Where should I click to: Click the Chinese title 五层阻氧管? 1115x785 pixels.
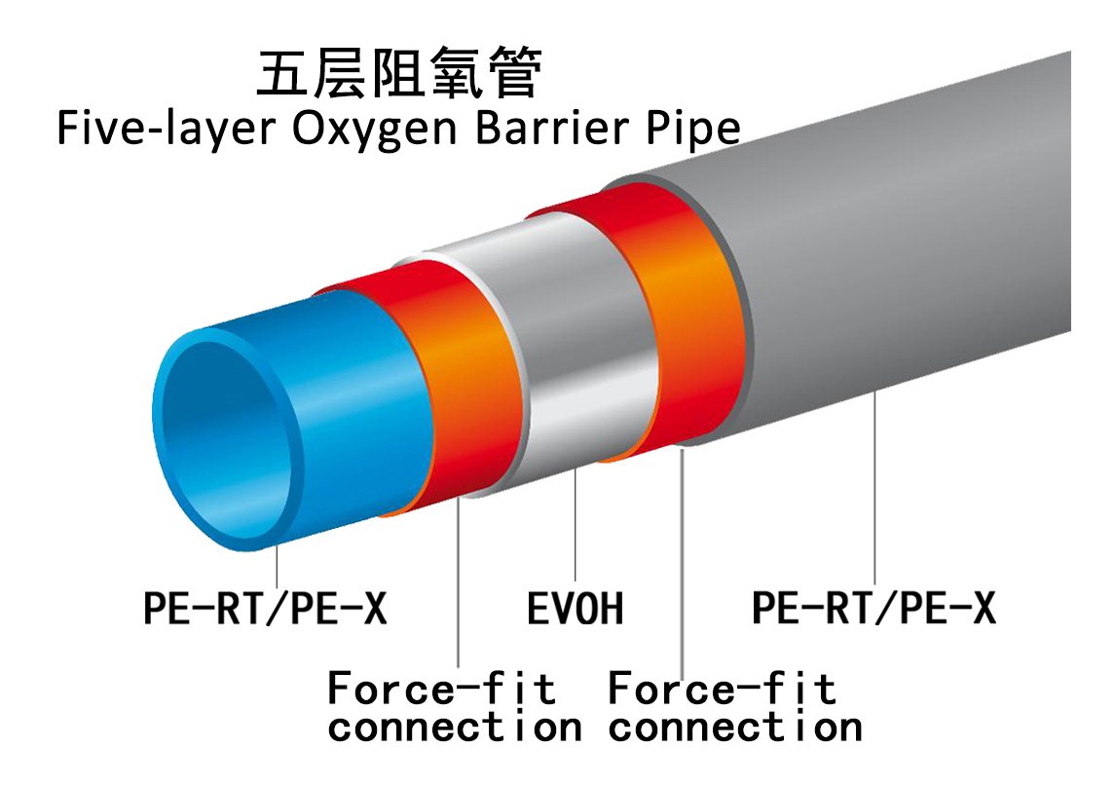pyautogui.click(x=397, y=74)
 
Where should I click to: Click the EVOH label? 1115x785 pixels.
pyautogui.click(x=575, y=610)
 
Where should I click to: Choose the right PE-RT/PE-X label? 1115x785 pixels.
pyautogui.click(x=873, y=608)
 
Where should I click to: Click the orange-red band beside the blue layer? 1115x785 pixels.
pyautogui.click(x=458, y=390)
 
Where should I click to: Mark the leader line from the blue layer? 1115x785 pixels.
pyautogui.click(x=278, y=565)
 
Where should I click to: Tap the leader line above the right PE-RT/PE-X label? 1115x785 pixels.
pyautogui.click(x=875, y=487)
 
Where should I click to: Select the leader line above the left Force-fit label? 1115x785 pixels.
pyautogui.click(x=459, y=584)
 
